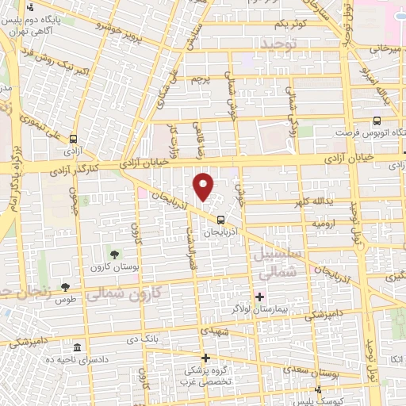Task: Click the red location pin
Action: pos(204,186)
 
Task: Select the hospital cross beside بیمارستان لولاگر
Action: pos(259,296)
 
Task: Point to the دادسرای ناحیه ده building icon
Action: pos(76,349)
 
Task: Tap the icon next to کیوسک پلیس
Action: pos(318,389)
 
